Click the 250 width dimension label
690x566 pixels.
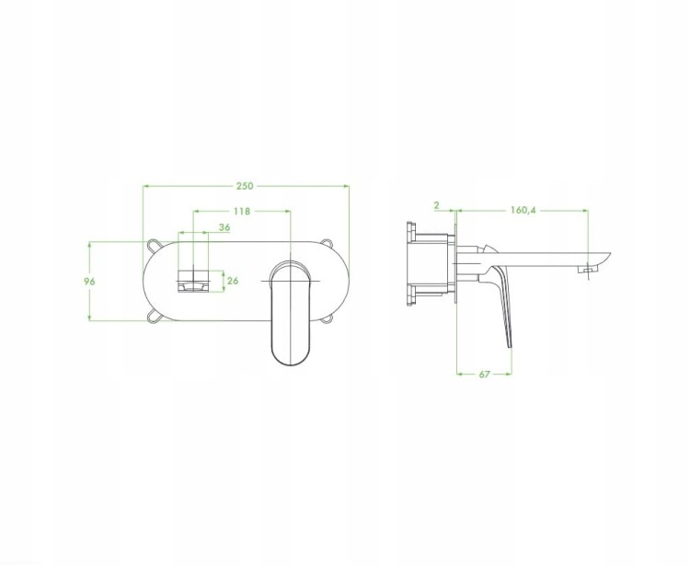click(245, 186)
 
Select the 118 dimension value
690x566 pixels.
click(242, 212)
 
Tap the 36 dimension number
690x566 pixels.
click(224, 227)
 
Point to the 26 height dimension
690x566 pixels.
click(233, 281)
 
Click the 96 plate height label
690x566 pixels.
click(89, 282)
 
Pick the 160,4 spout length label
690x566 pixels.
click(523, 211)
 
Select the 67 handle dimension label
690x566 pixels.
click(484, 374)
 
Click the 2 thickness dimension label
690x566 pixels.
click(436, 205)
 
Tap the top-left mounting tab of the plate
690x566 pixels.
click(154, 244)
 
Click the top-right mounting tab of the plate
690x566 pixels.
click(327, 243)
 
